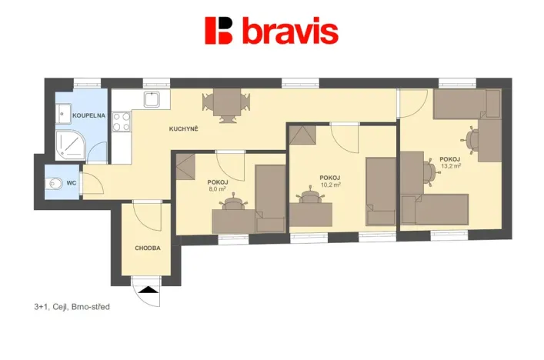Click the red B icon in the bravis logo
pyautogui.click(x=219, y=31)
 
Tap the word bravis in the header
pyautogui.click(x=290, y=32)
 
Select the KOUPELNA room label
pyautogui.click(x=88, y=115)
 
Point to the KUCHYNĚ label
pyautogui.click(x=184, y=128)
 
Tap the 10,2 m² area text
pyautogui.click(x=329, y=185)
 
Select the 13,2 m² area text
pyautogui.click(x=450, y=165)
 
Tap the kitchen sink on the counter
pyautogui.click(x=152, y=98)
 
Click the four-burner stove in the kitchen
pyautogui.click(x=122, y=120)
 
